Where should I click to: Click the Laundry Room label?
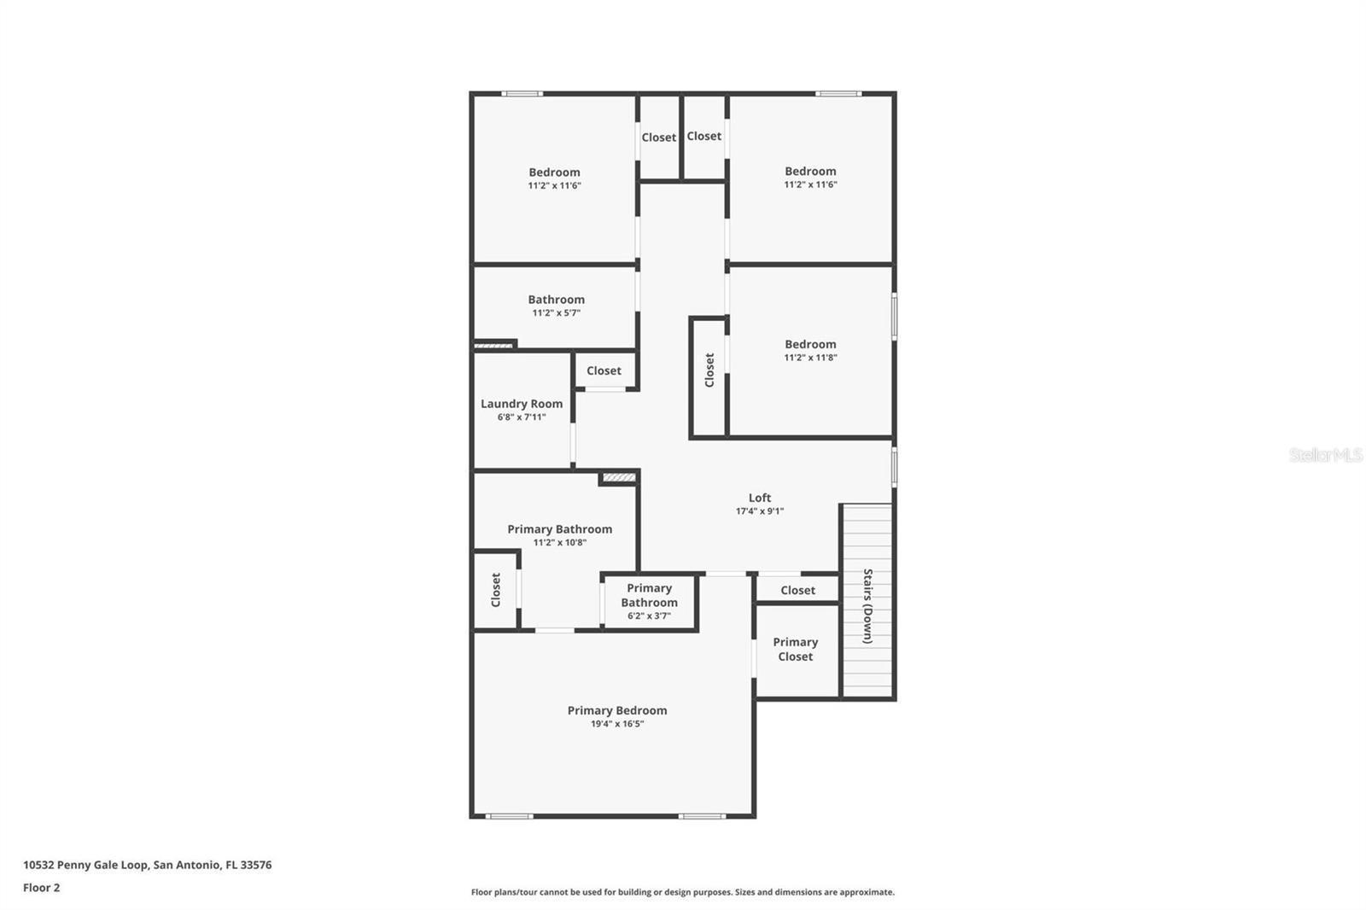pos(522,404)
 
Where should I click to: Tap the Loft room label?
pos(760,498)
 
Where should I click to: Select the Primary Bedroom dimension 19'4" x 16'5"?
pos(617,724)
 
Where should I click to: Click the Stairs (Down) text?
pos(867,605)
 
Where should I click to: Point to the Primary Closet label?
pos(796,649)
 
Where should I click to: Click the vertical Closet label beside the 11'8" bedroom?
pos(709,370)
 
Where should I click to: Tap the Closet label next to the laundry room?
pos(604,370)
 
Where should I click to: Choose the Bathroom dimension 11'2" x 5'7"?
pos(556,313)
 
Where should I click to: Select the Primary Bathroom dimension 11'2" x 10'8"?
pos(559,543)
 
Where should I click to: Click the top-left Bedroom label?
pos(554,172)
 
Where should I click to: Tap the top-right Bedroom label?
pos(810,171)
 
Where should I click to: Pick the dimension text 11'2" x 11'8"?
pos(810,358)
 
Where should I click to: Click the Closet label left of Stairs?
pos(797,590)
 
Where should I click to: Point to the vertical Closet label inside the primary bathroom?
pos(496,590)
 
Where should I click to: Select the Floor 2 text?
pos(41,888)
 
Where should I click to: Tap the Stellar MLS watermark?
pos(1325,455)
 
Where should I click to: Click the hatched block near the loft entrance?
pos(619,478)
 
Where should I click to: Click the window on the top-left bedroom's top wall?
pos(522,93)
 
